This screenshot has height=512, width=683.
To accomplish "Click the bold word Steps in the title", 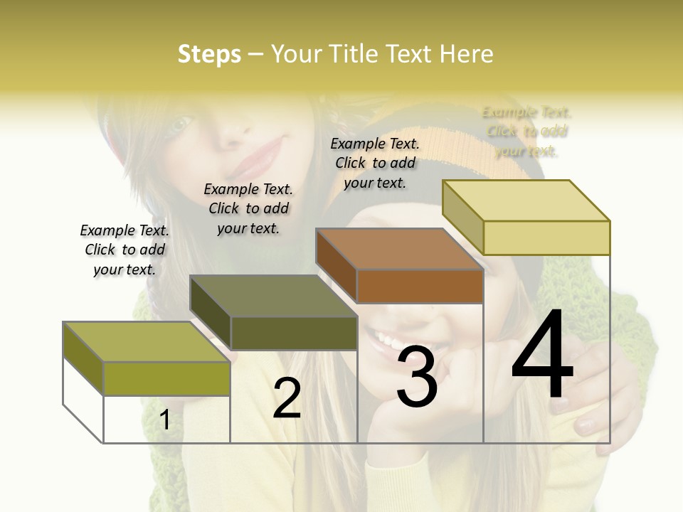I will pos(209,54).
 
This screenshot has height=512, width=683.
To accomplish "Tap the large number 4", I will pos(542,356).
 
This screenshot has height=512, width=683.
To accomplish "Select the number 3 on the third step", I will pos(417,378).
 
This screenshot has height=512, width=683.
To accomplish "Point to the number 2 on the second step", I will pos(287,398).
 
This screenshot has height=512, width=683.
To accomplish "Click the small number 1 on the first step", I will pos(165,420).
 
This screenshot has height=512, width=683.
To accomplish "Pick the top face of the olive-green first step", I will pos(146,341).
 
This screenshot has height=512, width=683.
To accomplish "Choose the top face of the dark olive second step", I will pos(273,296).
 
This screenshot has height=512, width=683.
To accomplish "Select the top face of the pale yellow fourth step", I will pos(526,201).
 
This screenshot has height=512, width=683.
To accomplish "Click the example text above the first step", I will pos(125,250).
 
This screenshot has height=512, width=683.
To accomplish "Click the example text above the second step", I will pos(248,208).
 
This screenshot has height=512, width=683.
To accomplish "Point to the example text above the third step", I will pos(375,163).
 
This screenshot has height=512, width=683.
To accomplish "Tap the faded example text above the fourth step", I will pos(526,132).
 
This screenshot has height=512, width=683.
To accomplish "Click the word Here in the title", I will pos(466,54).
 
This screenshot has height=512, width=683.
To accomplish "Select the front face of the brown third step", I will pos(420,287).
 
